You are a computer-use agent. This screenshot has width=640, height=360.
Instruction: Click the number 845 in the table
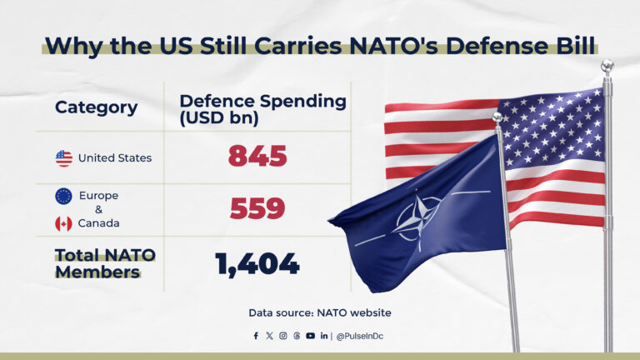(x=257, y=157)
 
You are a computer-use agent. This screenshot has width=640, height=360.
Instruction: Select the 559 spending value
(x=257, y=210)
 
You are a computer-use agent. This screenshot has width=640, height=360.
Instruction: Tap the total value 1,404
(x=257, y=264)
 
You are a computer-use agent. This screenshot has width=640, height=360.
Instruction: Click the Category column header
(x=96, y=107)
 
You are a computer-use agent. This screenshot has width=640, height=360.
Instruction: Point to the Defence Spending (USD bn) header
(x=262, y=108)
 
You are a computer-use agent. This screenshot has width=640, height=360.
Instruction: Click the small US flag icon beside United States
(x=64, y=158)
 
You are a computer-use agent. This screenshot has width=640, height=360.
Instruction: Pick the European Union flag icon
(x=63, y=196)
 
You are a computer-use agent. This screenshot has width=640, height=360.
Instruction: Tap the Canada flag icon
(x=63, y=223)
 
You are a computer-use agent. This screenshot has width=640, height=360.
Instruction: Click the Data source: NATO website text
(x=319, y=312)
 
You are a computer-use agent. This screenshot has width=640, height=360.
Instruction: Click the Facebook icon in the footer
(x=256, y=336)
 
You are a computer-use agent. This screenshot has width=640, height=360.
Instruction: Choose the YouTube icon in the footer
(x=310, y=336)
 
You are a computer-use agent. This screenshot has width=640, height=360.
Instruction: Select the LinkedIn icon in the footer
(x=323, y=336)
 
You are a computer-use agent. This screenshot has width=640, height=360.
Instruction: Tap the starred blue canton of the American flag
(x=551, y=126)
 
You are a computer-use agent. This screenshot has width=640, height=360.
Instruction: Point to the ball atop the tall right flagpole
(x=607, y=66)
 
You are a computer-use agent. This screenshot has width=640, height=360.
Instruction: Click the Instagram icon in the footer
(x=282, y=336)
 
